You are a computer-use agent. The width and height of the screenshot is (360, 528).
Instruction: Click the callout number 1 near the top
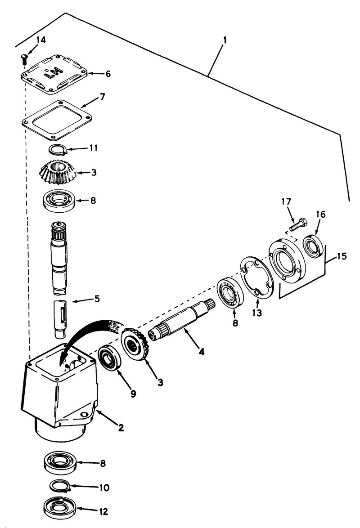pos(224,39)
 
